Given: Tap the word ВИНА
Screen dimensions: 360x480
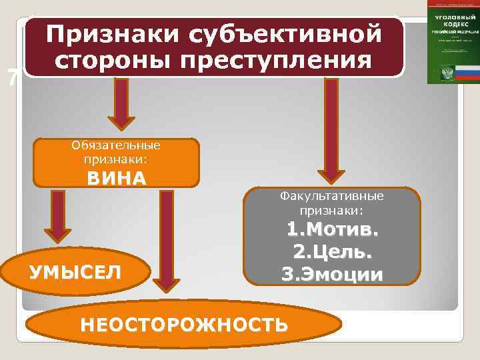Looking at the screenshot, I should [x=116, y=178].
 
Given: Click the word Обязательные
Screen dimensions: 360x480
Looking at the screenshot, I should [x=117, y=145].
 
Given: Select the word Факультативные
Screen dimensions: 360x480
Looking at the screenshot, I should [x=331, y=197].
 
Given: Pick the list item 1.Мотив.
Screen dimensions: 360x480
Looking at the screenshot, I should [x=332, y=230].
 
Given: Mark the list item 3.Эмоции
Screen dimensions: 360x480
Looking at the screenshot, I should [x=332, y=274].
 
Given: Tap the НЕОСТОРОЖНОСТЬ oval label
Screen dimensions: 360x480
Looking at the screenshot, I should [x=184, y=325].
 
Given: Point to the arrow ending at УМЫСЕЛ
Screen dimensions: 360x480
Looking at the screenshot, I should [x=59, y=217].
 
